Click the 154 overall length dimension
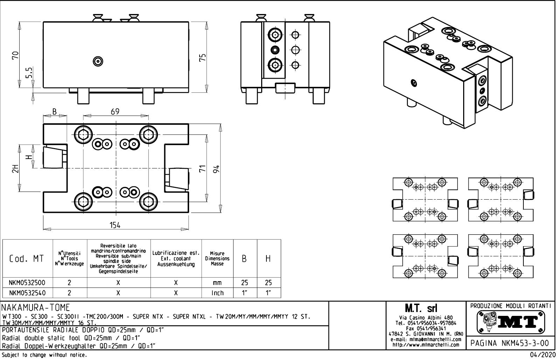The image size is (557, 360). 115,225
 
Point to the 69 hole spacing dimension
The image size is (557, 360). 115,111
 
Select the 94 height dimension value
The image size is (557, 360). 217,169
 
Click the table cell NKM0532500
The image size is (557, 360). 27,282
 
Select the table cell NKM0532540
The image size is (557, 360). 27,292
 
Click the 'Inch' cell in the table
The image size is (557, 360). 217,292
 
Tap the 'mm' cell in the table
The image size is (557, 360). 217,282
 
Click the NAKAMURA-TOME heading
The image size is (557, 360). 36,307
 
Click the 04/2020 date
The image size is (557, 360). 543,355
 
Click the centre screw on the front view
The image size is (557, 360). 98,62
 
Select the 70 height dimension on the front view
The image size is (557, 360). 15,55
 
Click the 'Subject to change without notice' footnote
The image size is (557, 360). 44,355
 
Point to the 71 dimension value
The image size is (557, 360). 202,169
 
